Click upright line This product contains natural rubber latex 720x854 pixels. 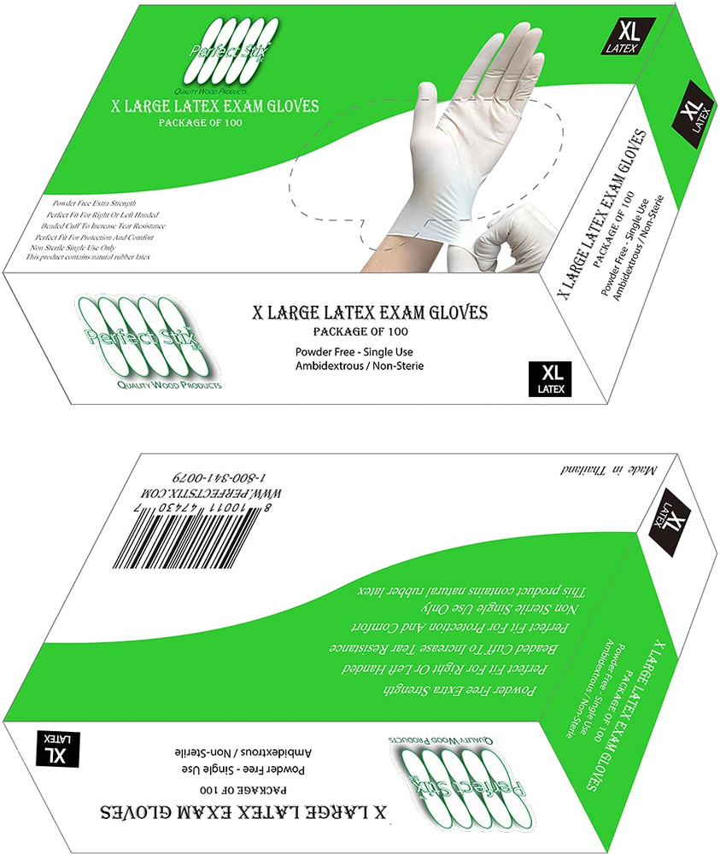point(89,257)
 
